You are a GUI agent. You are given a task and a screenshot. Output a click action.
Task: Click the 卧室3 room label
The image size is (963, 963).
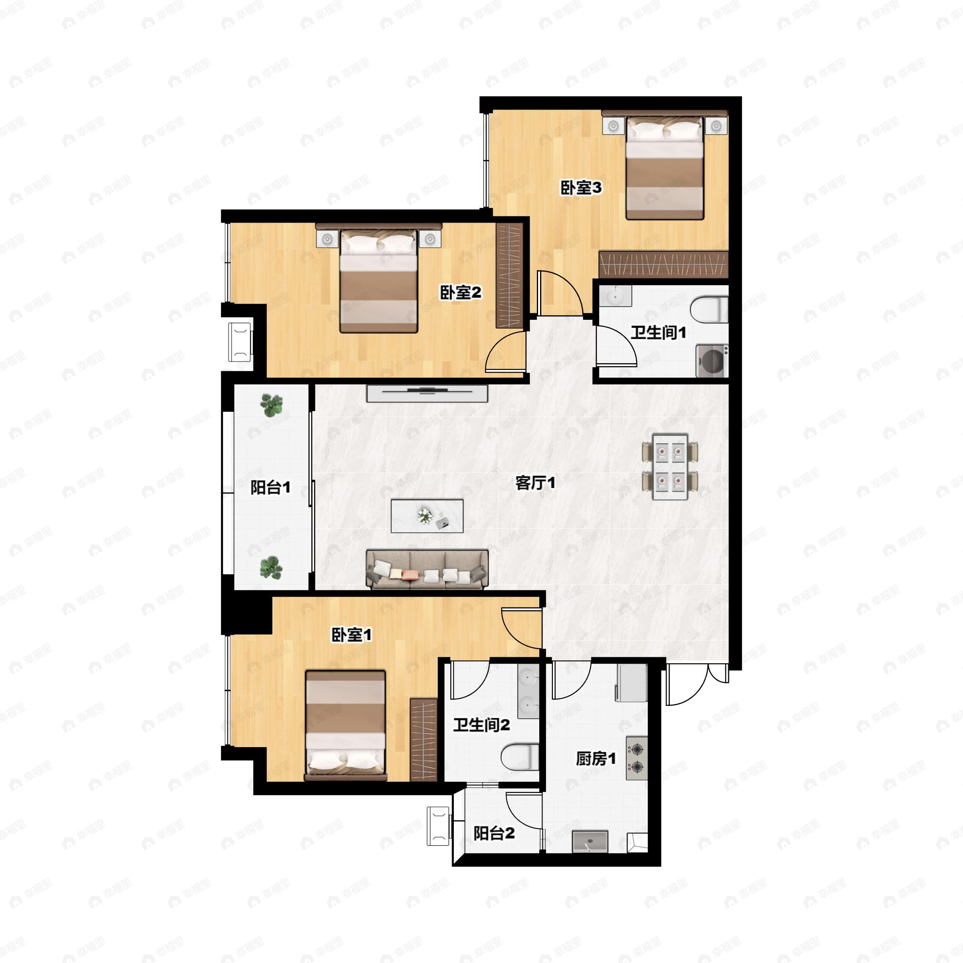[x=581, y=188]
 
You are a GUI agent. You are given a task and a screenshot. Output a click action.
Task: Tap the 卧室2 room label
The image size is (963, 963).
[x=460, y=293]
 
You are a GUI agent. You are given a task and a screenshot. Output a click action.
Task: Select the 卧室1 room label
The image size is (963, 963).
[x=352, y=635]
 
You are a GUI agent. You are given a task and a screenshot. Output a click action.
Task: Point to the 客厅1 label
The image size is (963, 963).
[x=535, y=482]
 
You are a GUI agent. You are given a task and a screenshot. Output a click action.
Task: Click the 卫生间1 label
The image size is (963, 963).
[x=658, y=333]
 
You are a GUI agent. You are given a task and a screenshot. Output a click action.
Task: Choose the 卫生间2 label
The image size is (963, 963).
[x=481, y=725]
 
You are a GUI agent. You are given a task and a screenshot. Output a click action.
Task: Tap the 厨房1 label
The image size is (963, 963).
[x=595, y=759]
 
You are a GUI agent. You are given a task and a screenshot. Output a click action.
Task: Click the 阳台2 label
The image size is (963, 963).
[x=494, y=833]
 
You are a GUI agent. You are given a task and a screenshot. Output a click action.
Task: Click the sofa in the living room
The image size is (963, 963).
[x=427, y=569]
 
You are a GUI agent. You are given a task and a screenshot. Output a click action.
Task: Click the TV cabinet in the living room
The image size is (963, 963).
[x=427, y=393]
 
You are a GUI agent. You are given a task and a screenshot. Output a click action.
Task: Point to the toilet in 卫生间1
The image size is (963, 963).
[x=709, y=309]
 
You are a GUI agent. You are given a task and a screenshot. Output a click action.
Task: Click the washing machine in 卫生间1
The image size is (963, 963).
[x=712, y=361]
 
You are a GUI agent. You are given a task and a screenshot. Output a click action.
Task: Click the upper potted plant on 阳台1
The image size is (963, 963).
[x=271, y=405]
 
